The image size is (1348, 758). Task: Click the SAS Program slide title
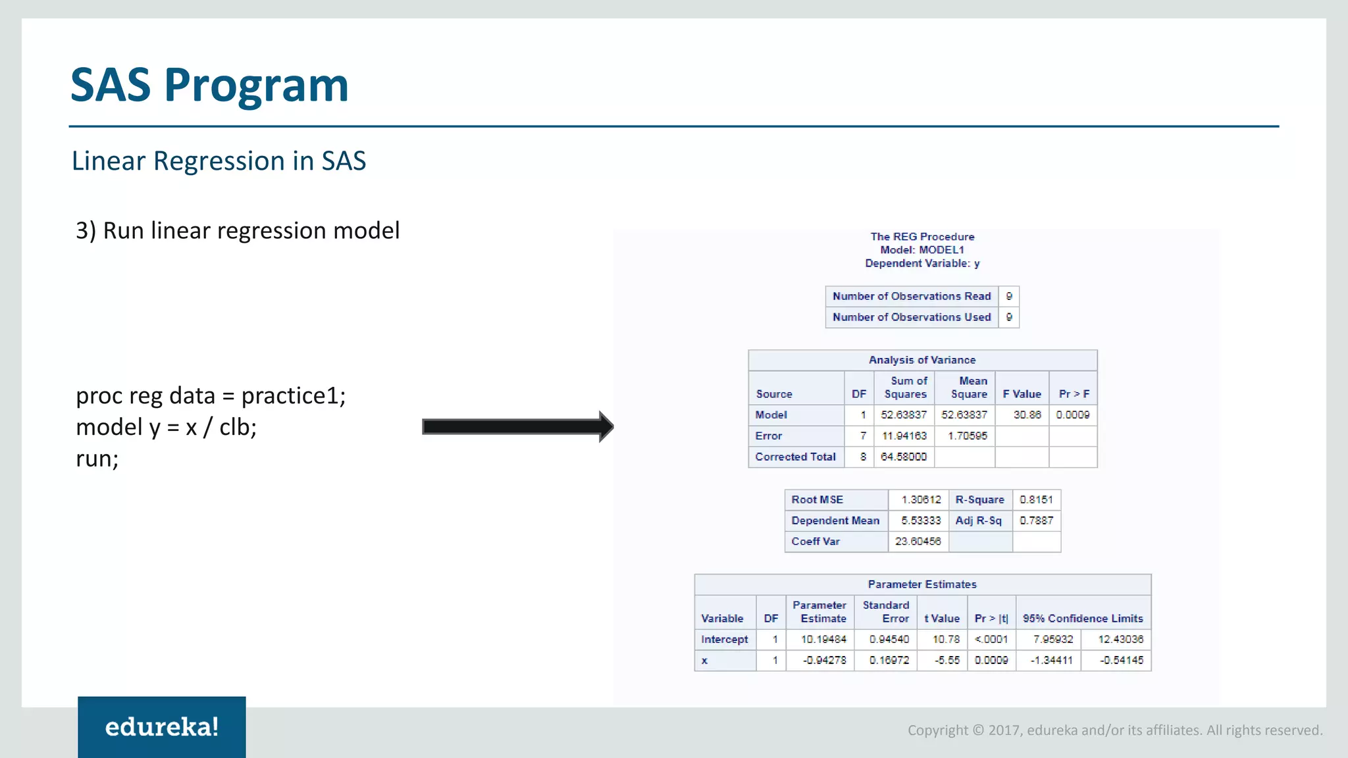(209, 86)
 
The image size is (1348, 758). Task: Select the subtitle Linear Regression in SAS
(219, 161)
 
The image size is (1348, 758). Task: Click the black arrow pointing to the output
(517, 427)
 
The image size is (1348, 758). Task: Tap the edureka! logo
(162, 727)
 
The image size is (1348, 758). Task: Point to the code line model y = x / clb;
(167, 428)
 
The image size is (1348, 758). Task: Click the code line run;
(97, 459)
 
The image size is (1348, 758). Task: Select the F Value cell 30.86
(1027, 415)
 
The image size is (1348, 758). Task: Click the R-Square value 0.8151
(1036, 500)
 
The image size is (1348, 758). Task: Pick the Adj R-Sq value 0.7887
(1036, 521)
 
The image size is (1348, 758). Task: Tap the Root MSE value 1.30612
(921, 500)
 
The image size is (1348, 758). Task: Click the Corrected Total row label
(795, 457)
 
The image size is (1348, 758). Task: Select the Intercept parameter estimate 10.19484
(823, 640)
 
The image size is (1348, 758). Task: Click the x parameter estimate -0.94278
(824, 661)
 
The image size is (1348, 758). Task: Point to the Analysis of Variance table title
(921, 361)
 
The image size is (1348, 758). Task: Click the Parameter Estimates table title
(921, 585)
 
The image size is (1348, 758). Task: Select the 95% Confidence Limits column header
(1083, 619)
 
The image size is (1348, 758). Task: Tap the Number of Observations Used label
(911, 318)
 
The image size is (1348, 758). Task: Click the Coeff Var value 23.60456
(918, 542)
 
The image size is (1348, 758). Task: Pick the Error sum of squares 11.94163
(904, 436)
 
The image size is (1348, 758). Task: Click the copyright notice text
(1114, 730)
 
